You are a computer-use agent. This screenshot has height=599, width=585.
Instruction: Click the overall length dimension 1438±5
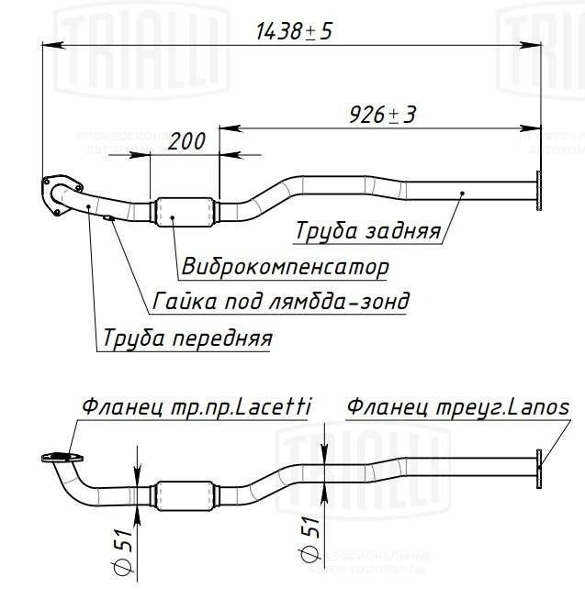click(x=294, y=31)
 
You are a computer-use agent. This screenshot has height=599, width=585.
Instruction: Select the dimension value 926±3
click(x=382, y=115)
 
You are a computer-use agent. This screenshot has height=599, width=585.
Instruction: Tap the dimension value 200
click(x=186, y=141)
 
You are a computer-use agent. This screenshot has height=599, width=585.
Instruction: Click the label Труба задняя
click(x=368, y=231)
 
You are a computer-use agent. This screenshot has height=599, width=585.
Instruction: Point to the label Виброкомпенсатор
click(x=286, y=266)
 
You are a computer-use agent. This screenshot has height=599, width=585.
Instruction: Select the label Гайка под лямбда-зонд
click(x=281, y=301)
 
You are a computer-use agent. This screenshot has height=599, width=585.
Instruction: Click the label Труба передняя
click(x=187, y=338)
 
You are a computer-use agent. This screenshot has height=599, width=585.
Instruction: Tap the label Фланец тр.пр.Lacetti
click(x=197, y=407)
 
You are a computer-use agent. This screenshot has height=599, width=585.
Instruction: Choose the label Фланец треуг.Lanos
click(x=458, y=407)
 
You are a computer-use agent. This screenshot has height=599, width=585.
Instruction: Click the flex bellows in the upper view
click(x=186, y=212)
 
